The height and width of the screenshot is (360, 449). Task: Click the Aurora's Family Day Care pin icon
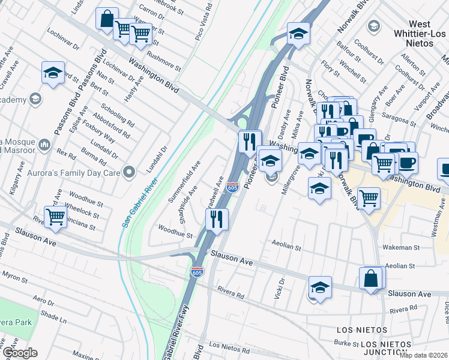pos(128,173)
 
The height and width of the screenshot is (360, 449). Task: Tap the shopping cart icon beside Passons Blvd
pos(55,217)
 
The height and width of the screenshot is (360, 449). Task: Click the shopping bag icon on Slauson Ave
pos(372,278)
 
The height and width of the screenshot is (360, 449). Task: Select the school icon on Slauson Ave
pos(320,286)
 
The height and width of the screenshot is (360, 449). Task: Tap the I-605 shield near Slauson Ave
pos(197,271)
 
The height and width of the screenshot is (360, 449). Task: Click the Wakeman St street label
pos(402,247)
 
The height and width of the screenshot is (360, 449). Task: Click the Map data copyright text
pos(423,355)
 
